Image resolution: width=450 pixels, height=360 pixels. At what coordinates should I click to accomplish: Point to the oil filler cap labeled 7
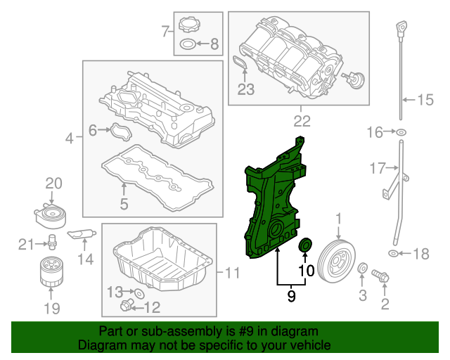pos(189,26)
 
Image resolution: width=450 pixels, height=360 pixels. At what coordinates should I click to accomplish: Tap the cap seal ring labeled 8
pos(188,45)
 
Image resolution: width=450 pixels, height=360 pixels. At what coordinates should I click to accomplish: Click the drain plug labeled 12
pos(127,304)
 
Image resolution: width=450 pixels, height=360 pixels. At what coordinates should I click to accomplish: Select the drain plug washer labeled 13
pos(139,292)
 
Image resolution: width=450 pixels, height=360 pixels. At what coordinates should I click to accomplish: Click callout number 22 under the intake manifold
pos(302,121)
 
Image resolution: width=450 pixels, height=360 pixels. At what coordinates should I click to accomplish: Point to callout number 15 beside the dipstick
pos(425,100)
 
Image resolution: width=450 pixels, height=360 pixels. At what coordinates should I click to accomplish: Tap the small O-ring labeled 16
pos(401,132)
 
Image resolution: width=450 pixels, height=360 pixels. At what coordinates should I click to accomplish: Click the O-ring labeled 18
pos(392,253)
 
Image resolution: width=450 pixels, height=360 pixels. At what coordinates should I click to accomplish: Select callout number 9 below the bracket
pos(291,297)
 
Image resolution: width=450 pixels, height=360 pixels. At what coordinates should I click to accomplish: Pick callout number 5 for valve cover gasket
pos(123,205)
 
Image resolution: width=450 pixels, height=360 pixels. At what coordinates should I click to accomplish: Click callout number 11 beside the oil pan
pos(232,272)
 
